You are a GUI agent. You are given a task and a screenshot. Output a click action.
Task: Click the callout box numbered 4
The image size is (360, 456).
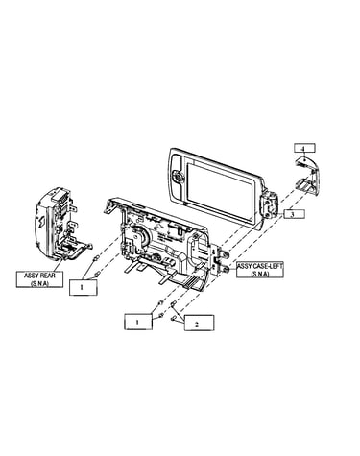coord(304,148)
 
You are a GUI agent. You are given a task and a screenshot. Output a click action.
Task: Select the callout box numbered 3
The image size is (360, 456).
coord(293,214)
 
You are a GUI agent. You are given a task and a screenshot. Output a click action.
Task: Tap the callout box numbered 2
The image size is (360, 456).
coord(199,323)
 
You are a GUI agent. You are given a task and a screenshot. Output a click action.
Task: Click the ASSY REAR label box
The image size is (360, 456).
coord(39,278)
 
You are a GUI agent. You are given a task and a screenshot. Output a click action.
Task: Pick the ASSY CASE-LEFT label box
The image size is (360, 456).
coord(260,270)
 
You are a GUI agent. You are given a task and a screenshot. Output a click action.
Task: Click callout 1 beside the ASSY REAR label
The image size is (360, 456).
coord(84,287)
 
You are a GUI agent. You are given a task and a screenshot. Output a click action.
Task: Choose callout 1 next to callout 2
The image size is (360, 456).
coord(138,322)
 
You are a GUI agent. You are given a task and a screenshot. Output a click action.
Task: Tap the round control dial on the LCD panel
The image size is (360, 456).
coord(177,176)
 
